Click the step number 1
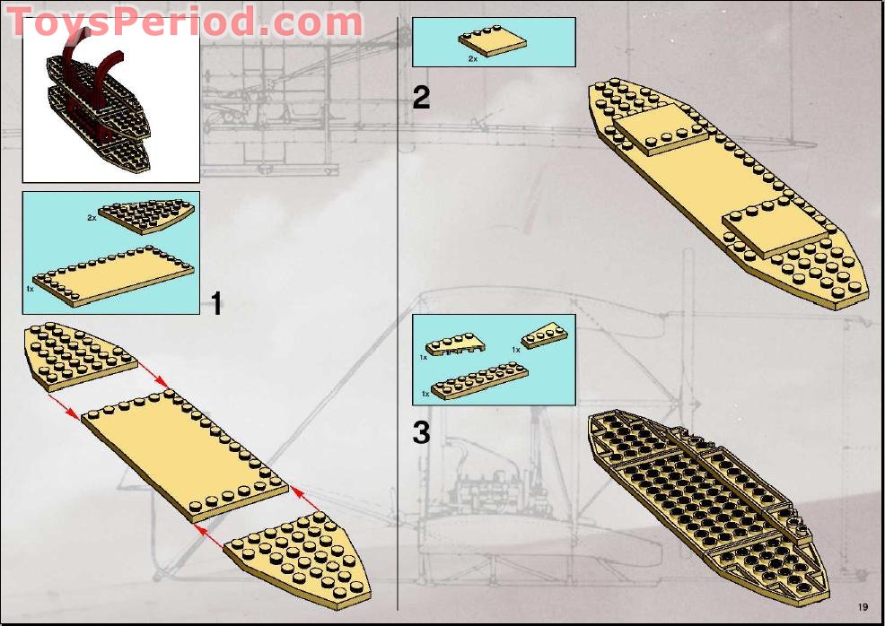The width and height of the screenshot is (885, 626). (x=215, y=303)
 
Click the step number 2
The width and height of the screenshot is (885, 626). (x=421, y=97)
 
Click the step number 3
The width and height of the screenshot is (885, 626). (x=421, y=433)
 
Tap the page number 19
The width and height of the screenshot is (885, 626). (x=863, y=605)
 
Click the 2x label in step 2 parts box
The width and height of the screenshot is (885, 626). (x=472, y=58)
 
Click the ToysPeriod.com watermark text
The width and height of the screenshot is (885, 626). (x=184, y=22)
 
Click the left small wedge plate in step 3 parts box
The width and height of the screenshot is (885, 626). (x=454, y=345)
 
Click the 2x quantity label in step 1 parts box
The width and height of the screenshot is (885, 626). (x=92, y=218)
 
